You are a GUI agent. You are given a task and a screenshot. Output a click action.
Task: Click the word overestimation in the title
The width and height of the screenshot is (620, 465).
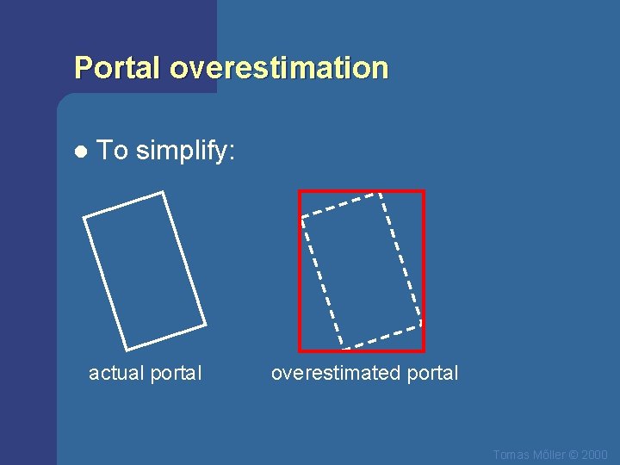279,68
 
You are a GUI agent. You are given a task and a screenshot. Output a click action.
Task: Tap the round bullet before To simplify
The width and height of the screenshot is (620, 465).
80,152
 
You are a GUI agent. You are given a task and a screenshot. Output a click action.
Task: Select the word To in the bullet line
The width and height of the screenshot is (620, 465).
112,151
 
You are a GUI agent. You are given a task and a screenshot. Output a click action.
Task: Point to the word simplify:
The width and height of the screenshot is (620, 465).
185,152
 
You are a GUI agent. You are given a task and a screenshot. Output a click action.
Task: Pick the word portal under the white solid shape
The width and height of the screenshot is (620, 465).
176,374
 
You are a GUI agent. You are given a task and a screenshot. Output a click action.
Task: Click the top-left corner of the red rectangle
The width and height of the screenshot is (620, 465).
300,191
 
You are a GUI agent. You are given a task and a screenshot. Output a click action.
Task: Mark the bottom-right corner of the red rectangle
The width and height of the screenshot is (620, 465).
424,350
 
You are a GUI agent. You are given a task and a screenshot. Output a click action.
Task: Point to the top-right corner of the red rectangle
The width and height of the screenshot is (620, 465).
424,191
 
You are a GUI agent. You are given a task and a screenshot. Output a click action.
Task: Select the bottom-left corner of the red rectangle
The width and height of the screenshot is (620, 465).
300,350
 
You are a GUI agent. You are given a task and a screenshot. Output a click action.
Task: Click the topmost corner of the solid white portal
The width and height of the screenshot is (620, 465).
163,192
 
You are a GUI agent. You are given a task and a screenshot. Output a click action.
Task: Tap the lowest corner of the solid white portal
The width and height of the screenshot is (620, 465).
127,350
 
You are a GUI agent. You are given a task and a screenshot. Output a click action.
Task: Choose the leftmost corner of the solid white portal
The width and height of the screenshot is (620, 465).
84,216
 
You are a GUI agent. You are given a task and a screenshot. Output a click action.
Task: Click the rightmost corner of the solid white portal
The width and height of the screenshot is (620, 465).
206,325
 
